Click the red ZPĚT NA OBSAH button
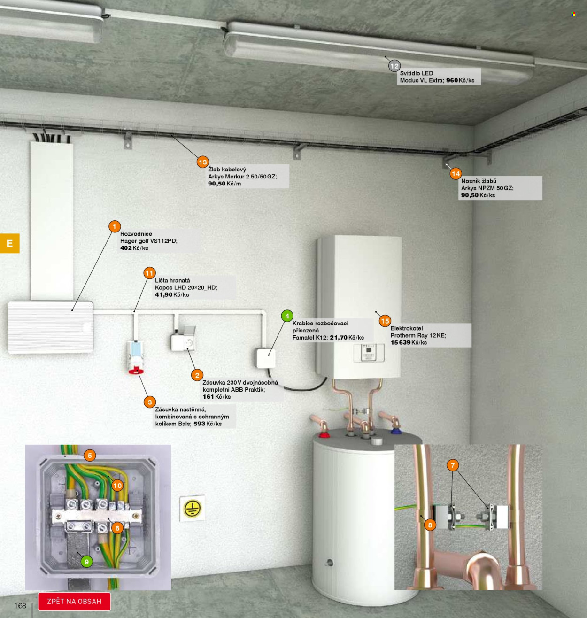click(74, 602)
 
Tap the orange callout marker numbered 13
click(203, 162)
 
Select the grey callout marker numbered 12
click(394, 66)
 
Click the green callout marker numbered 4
click(287, 316)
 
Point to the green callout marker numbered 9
click(87, 562)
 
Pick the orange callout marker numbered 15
click(385, 321)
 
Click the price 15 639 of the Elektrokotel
click(400, 343)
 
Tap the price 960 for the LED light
click(452, 80)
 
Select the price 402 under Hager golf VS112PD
click(126, 248)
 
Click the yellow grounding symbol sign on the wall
click(192, 508)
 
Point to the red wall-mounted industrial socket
click(135, 357)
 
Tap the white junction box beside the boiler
click(266, 358)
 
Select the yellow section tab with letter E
click(10, 243)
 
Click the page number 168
click(20, 606)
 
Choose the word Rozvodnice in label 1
click(136, 234)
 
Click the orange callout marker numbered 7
click(453, 465)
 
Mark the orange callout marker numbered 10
click(117, 486)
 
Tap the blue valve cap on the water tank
click(395, 430)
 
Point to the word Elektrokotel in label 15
click(407, 328)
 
